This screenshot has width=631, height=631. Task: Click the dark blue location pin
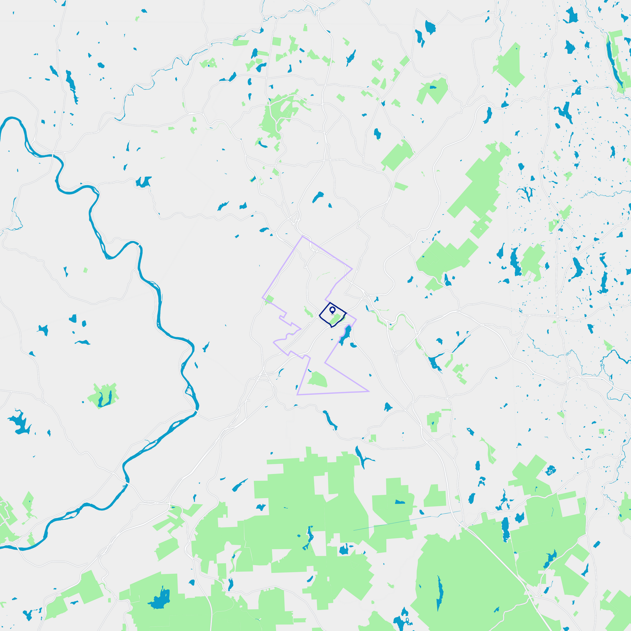point(332,310)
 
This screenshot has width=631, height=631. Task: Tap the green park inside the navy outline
point(335,319)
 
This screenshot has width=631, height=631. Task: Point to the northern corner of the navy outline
point(330,303)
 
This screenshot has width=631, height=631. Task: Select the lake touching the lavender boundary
point(345,335)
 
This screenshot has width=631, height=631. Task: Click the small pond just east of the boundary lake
point(353,345)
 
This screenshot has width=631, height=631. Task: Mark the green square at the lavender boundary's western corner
point(269,299)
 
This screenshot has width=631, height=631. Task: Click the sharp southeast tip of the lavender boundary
point(369,391)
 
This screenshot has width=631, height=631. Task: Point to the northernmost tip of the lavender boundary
point(303,237)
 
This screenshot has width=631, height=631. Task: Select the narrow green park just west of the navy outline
point(308,312)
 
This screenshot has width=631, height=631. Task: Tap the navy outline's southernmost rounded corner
point(331,327)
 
